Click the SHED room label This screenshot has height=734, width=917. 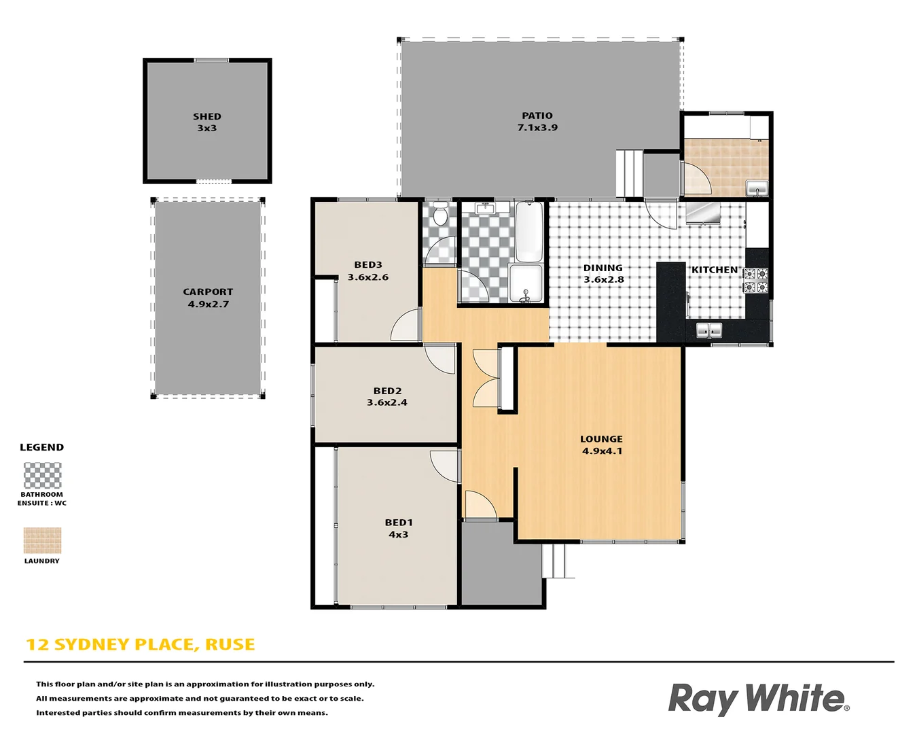pos(206,117)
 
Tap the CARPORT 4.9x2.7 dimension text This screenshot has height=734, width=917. pos(208,304)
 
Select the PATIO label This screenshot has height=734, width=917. pos(537,116)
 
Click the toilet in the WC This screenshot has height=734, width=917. pos(440,215)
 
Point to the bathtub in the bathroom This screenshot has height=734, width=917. pos(528,231)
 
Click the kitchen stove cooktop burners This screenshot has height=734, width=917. pos(755,281)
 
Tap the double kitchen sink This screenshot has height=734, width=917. pos(708,330)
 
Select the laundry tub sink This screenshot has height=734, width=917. pos(756,188)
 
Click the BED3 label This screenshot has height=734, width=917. pos(367,265)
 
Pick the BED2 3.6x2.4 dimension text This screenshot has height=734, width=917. pos(386,402)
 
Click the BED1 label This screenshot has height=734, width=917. pos(398,523)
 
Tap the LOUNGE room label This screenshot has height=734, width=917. pos(601,439)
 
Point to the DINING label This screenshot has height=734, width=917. pos(603,268)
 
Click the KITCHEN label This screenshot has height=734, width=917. pos(714,270)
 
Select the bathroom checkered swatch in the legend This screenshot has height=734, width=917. pos(42,475)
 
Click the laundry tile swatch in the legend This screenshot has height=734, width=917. pos(42,540)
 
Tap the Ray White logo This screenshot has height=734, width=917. pos(757,699)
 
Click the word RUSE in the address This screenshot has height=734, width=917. pos(230,644)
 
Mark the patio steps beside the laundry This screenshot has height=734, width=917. pos(629,173)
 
